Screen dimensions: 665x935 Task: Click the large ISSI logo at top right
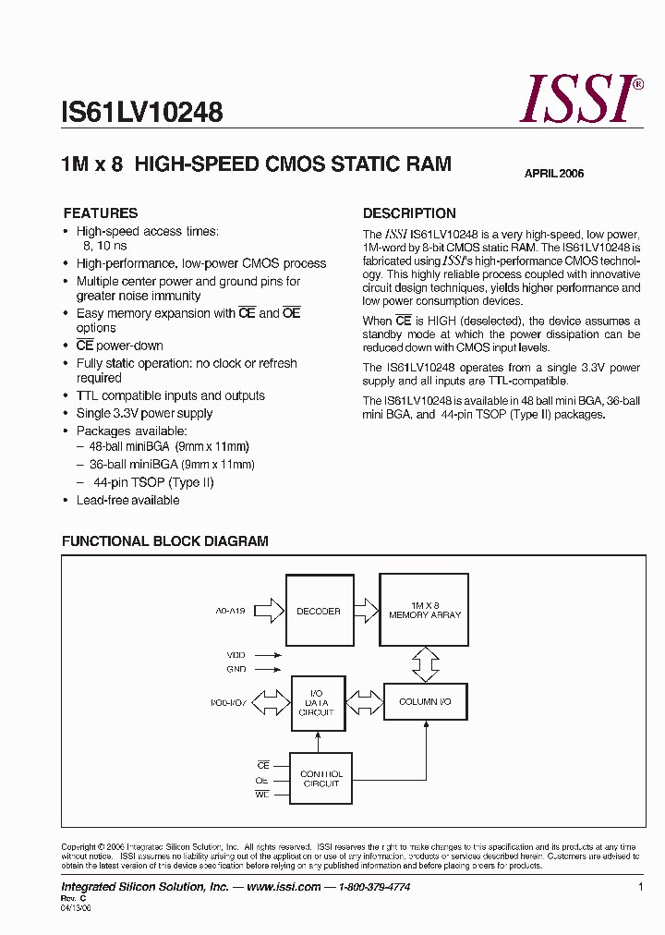click(x=580, y=99)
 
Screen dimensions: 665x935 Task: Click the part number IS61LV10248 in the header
click(x=141, y=113)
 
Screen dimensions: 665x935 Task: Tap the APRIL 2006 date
click(x=554, y=174)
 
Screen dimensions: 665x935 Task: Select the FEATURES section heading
click(x=100, y=212)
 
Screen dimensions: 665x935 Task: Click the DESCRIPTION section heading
click(x=409, y=212)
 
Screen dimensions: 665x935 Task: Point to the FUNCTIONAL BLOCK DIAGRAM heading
click(x=164, y=541)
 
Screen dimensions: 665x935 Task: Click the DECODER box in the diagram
click(x=319, y=611)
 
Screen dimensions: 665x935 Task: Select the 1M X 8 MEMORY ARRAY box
click(x=425, y=610)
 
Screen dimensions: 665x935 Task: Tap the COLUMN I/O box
click(x=425, y=702)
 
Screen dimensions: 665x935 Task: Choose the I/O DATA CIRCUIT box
click(x=316, y=702)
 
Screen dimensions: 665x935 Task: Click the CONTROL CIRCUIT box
click(x=321, y=778)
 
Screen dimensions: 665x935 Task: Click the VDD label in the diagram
click(x=236, y=653)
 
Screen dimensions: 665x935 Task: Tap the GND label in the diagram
click(x=236, y=668)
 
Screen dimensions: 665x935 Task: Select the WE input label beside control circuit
click(x=263, y=793)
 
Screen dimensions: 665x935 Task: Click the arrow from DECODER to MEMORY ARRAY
click(x=366, y=610)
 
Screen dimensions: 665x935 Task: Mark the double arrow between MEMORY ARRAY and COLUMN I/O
click(x=425, y=662)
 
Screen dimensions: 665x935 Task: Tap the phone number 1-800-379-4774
click(x=374, y=887)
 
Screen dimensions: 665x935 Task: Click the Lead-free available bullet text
click(x=127, y=500)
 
